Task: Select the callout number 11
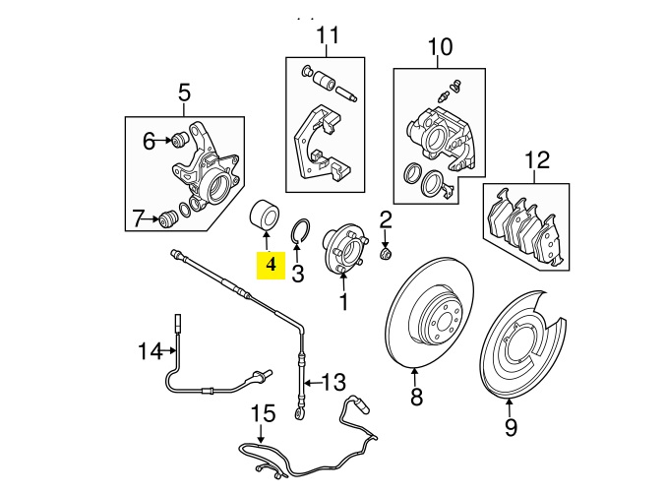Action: (x=327, y=36)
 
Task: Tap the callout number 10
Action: (x=440, y=46)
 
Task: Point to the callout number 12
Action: (x=537, y=158)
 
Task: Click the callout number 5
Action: (x=184, y=94)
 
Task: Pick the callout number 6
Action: (x=149, y=141)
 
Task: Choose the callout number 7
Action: (x=139, y=217)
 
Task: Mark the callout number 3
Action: (x=298, y=270)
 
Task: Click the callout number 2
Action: (x=386, y=219)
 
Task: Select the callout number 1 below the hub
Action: (x=343, y=303)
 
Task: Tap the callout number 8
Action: (x=415, y=398)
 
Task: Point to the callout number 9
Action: (x=510, y=427)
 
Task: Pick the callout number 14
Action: (x=150, y=350)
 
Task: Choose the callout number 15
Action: (x=262, y=412)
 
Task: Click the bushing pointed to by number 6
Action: (x=180, y=139)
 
